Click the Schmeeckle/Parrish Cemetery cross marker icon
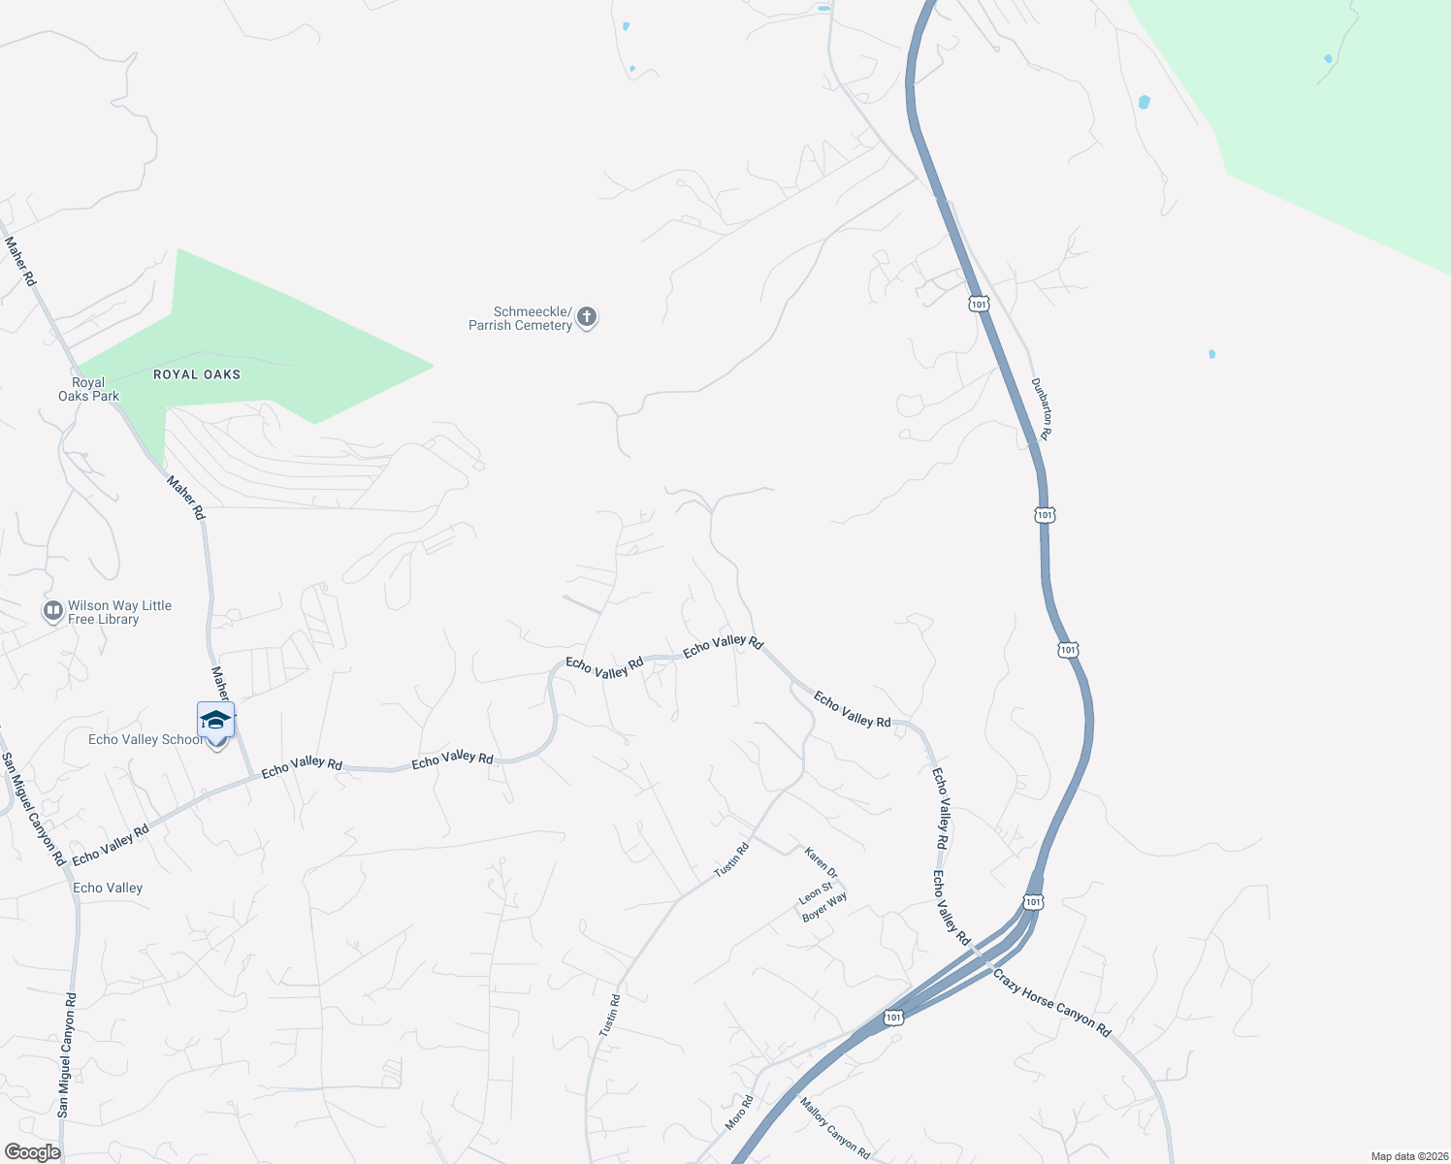pos(586,317)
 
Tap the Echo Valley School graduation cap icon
pos(215,721)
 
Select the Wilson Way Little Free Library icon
pos(53,612)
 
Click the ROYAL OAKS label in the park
pos(197,374)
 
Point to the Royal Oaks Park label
pos(88,389)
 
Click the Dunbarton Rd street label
pos(1041,408)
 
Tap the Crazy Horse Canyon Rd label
pos(1051,1002)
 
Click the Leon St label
pos(816,892)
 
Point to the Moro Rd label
pos(739,1113)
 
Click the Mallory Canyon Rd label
pos(834,1127)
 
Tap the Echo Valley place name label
pos(108,888)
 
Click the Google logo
pos(32,1152)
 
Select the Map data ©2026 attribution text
pos(1406,1156)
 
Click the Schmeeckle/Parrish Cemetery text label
pos(521,318)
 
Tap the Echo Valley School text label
pos(145,739)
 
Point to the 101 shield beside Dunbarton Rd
pos(978,305)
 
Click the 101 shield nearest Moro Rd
pos(893,1018)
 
